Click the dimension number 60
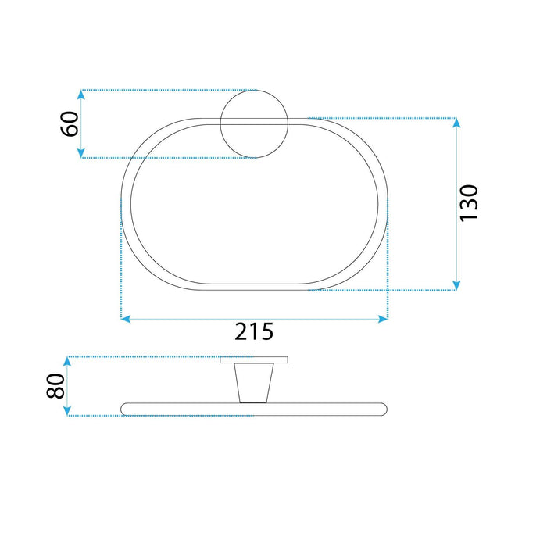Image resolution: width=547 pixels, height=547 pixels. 70,123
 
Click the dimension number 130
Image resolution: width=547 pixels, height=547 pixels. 469,203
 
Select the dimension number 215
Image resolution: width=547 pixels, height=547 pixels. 255,331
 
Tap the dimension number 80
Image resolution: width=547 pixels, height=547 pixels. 55,386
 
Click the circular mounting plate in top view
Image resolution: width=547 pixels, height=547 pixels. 253,123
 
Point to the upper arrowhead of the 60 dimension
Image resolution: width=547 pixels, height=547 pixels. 80,95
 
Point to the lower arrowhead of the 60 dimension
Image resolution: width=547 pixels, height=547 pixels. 80,152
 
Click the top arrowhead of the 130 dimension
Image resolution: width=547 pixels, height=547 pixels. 457,123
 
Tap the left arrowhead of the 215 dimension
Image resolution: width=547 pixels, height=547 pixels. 126,319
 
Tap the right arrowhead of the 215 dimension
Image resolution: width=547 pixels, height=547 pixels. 382,319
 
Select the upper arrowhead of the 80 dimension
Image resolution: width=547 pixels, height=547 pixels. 68,362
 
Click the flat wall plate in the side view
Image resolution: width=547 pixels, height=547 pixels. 254,361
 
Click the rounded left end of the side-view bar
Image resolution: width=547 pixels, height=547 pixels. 126,408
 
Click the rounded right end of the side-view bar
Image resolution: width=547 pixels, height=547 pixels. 382,408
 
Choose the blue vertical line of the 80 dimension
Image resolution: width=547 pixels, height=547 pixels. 68,386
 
